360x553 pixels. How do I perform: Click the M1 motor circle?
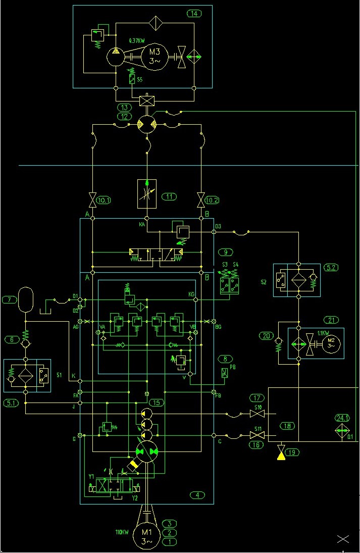coord(146,536)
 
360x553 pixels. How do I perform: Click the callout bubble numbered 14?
coord(194,14)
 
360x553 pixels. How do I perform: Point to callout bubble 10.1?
coord(104,200)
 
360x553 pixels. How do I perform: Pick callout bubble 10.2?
coord(213,200)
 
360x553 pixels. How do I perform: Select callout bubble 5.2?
coord(331,268)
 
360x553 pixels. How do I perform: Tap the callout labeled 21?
coord(331,320)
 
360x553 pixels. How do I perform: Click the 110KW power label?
coord(123,532)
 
